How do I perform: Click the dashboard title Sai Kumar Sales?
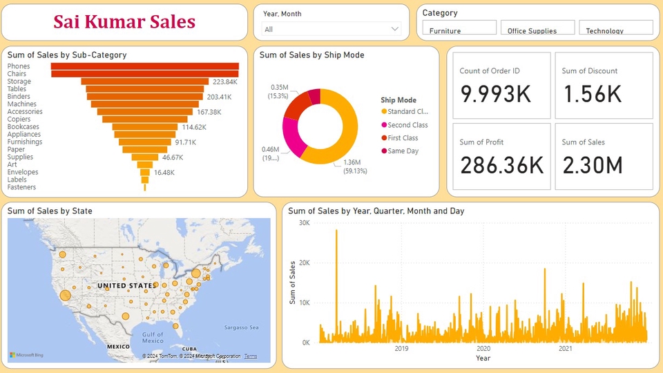coord(124,22)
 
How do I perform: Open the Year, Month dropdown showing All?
coord(331,29)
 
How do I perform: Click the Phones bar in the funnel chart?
coord(144,66)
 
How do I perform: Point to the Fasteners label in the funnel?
coord(21,187)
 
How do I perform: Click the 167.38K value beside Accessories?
coord(209,112)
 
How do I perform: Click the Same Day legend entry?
coord(403,151)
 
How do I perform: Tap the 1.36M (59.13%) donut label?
coord(356,166)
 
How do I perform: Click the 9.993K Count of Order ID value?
coord(496,94)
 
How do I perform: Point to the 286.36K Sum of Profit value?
coord(501,165)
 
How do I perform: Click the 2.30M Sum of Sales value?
coord(592,165)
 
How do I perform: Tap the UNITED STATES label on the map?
coord(126,285)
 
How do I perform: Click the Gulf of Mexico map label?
coord(153,337)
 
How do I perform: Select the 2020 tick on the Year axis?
coord(483,349)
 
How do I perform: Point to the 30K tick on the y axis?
coord(304,222)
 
